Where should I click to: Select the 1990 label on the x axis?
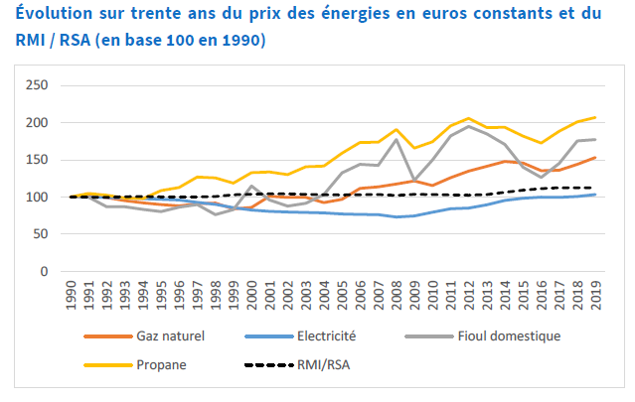click(x=71, y=299)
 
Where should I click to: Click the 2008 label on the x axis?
click(x=397, y=299)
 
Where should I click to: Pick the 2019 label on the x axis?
click(x=595, y=299)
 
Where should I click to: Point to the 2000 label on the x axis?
click(x=251, y=299)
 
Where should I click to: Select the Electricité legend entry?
click(x=331, y=336)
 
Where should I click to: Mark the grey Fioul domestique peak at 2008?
click(x=397, y=139)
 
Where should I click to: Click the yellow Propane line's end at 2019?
click(x=595, y=117)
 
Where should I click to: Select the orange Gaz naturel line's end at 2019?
click(x=595, y=157)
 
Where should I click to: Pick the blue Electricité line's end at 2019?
click(x=595, y=195)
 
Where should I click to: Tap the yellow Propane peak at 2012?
click(x=469, y=118)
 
